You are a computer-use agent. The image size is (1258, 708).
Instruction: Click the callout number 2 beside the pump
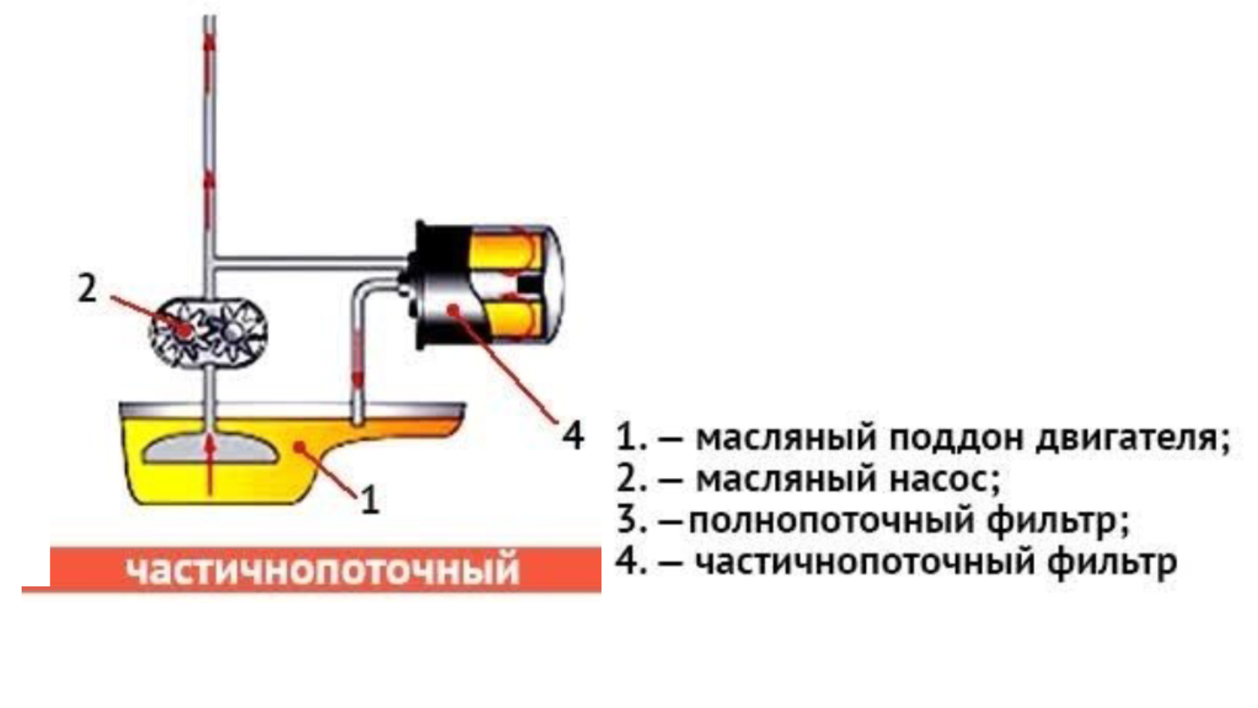[87, 288]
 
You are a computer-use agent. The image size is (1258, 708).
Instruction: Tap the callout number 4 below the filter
[573, 435]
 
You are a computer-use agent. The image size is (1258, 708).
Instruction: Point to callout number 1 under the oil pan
[370, 501]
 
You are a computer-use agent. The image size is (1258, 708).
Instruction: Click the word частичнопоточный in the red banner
[322, 569]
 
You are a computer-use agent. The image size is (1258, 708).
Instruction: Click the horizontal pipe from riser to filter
[308, 261]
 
